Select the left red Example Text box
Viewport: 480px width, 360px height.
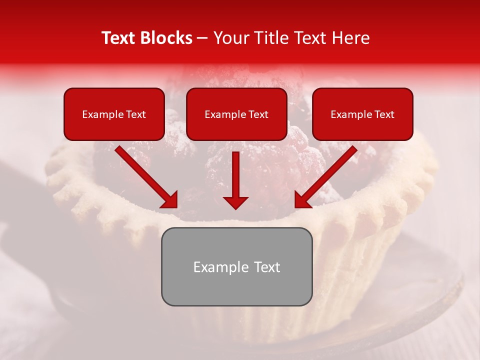click(114, 114)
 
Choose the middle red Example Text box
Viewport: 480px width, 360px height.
click(236, 114)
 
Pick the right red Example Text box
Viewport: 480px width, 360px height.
click(362, 114)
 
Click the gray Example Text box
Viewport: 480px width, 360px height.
click(236, 266)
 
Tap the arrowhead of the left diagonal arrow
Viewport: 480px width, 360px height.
click(169, 200)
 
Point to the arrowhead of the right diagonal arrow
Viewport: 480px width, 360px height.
click(302, 200)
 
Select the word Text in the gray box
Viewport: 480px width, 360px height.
click(266, 267)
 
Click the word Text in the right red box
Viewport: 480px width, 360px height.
click(384, 114)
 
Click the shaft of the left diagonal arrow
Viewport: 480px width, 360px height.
click(140, 170)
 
